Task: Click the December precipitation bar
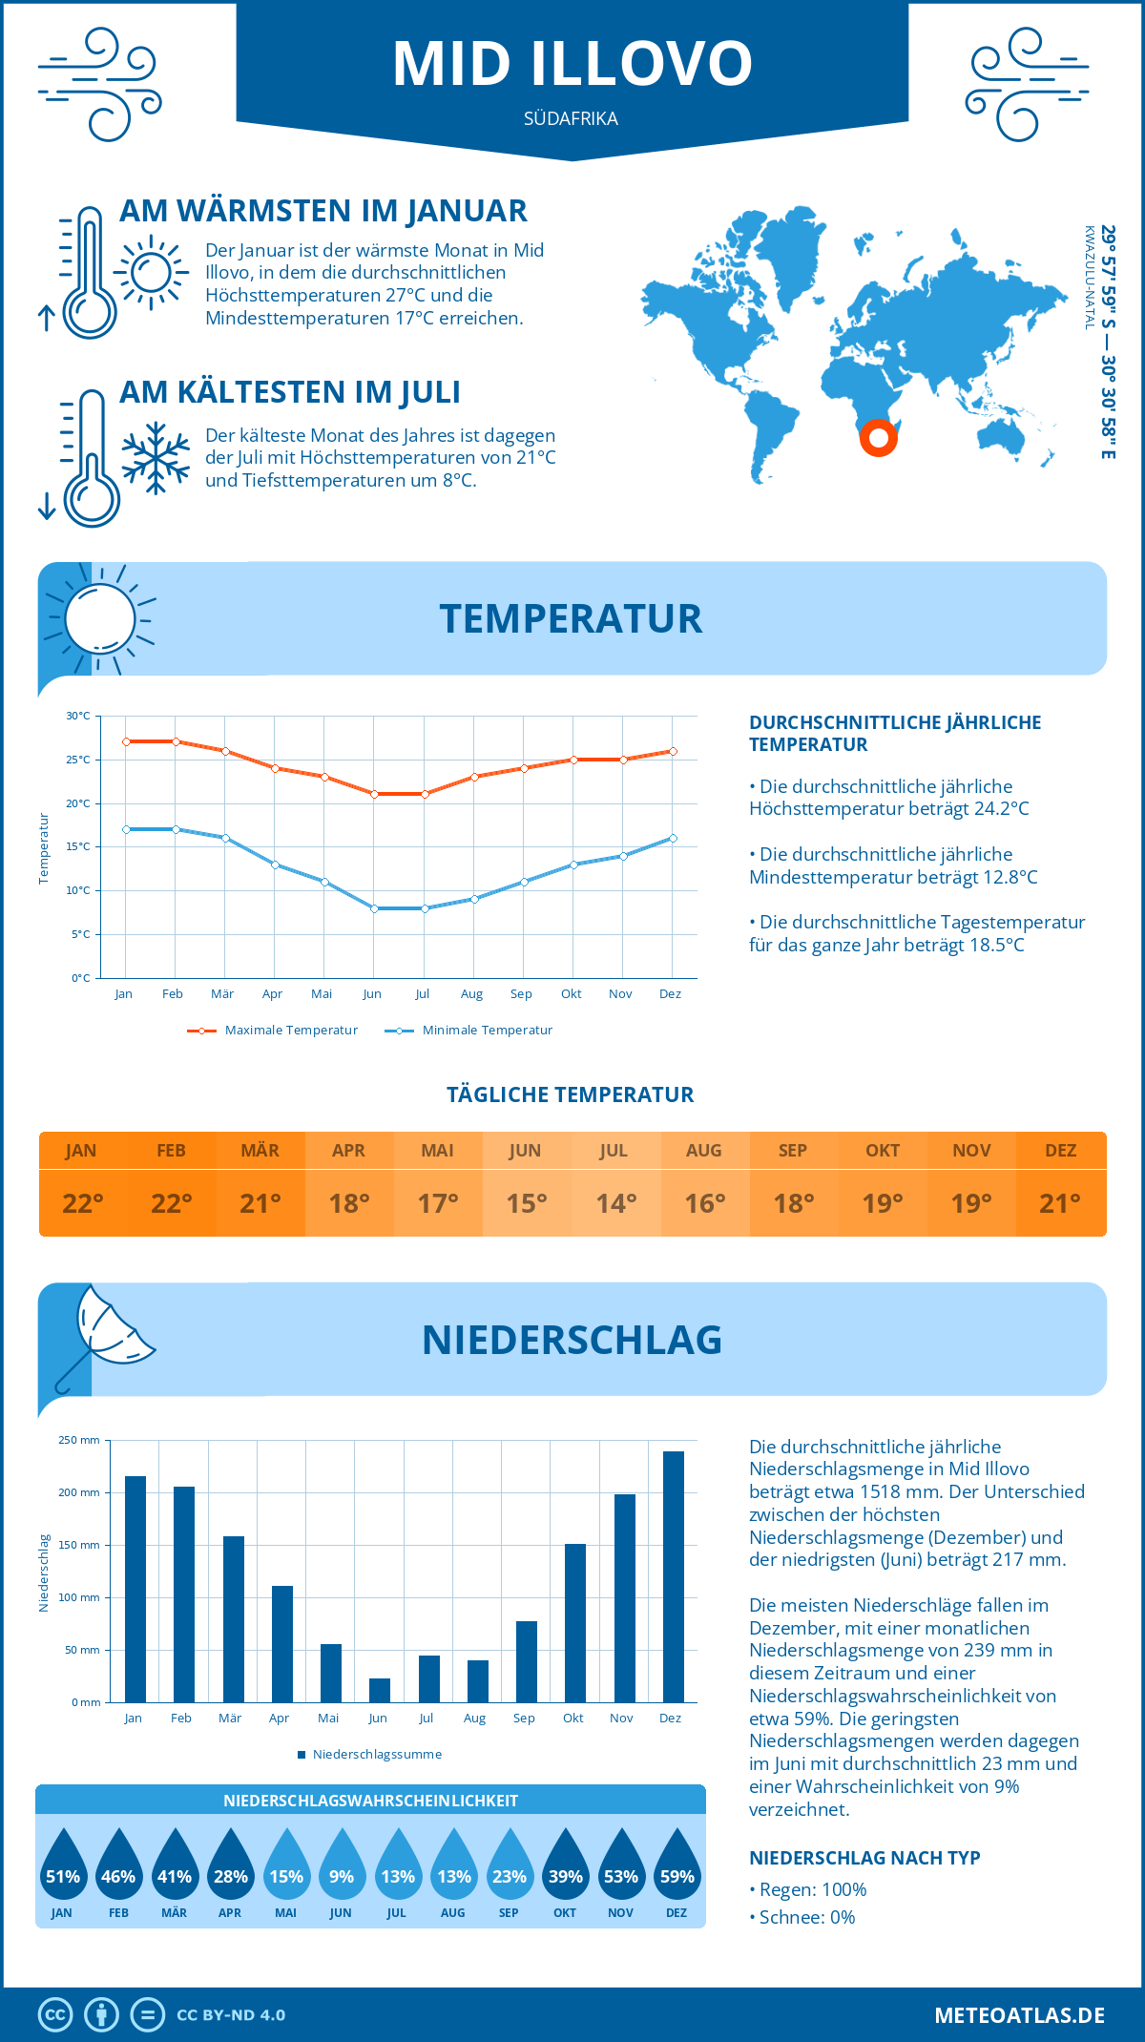[674, 1576]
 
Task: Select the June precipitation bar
[380, 1690]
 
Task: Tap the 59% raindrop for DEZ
[677, 1867]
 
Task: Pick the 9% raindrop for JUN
[342, 1867]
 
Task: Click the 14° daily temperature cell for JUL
[615, 1203]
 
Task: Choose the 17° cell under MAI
[438, 1203]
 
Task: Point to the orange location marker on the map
[878, 438]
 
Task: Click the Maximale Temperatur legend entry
[273, 1031]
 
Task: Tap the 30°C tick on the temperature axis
[78, 716]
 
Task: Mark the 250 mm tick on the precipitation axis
[79, 1440]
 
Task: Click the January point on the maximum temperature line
[126, 741]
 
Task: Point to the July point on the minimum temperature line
[425, 908]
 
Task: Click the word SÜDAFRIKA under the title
[571, 118]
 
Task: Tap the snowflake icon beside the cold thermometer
[156, 458]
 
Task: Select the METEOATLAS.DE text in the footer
[1019, 2015]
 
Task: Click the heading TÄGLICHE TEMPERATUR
[571, 1094]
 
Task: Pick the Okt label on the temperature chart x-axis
[571, 994]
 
